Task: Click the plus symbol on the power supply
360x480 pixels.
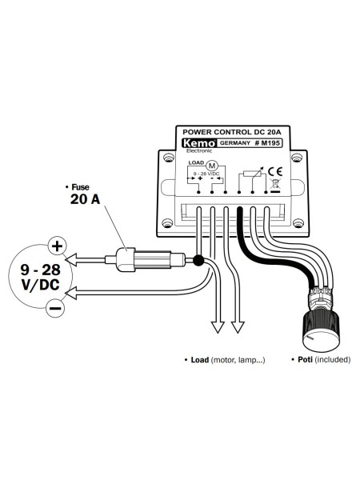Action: pos(57,245)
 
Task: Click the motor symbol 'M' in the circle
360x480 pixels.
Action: pos(212,166)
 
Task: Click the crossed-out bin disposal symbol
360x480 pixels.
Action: pos(274,186)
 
